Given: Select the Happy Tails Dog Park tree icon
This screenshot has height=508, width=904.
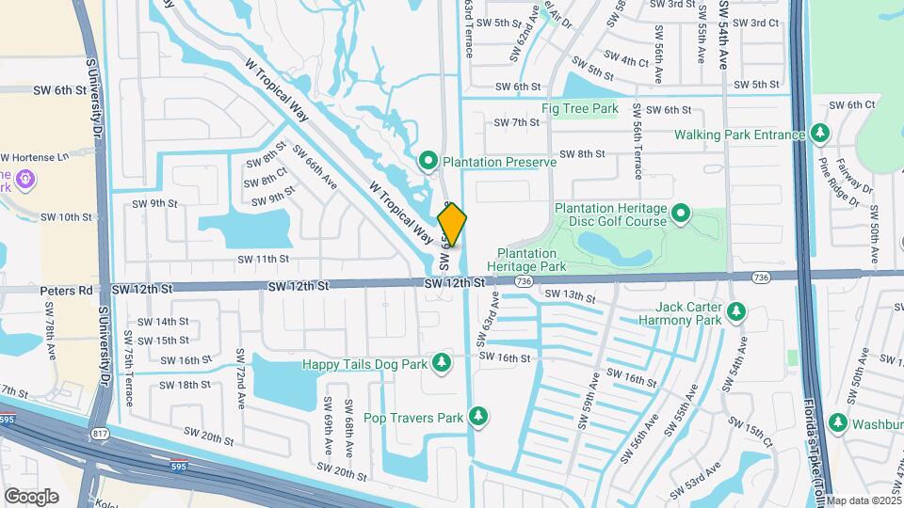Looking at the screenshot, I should pos(441,363).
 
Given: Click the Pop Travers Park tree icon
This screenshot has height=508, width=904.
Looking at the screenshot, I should pos(479,416).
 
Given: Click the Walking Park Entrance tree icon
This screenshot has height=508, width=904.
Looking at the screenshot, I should pos(820,135).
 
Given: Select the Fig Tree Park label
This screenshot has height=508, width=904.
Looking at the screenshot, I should pos(579,109).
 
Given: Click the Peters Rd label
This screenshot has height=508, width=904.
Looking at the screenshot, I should pos(63,291).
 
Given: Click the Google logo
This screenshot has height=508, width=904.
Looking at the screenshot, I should pos(32,495).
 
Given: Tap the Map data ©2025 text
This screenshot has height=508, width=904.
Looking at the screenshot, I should pos(864,500).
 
